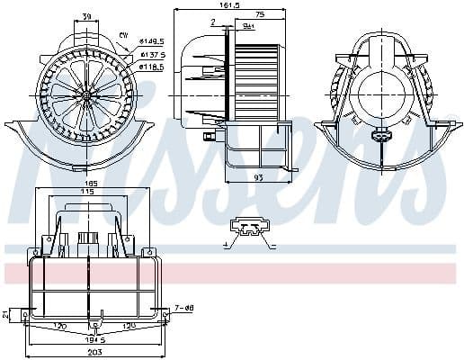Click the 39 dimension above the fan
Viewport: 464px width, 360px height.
(x=85, y=17)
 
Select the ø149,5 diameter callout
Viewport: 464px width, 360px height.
(x=151, y=41)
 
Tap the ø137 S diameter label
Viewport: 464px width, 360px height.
(x=151, y=54)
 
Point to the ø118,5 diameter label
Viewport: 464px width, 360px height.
(x=151, y=67)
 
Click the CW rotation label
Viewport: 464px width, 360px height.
(x=123, y=33)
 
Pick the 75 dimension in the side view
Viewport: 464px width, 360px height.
(x=259, y=16)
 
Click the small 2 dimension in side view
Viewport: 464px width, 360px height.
(x=212, y=22)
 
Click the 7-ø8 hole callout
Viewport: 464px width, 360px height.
(x=184, y=309)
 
